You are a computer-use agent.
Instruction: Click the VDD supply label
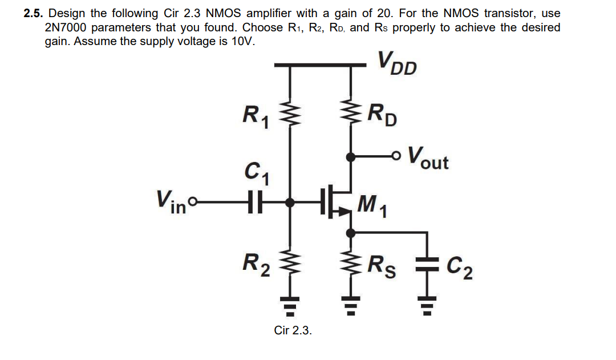[397, 63]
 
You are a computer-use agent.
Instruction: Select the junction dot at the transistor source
[350, 232]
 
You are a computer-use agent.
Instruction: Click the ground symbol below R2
[291, 308]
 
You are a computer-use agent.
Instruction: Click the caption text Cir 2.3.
[293, 330]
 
